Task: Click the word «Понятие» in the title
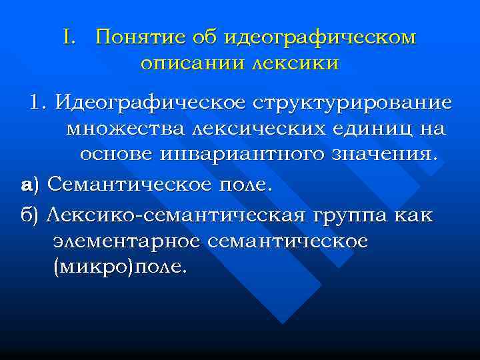136,37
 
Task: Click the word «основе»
117,154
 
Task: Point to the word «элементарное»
126,241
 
